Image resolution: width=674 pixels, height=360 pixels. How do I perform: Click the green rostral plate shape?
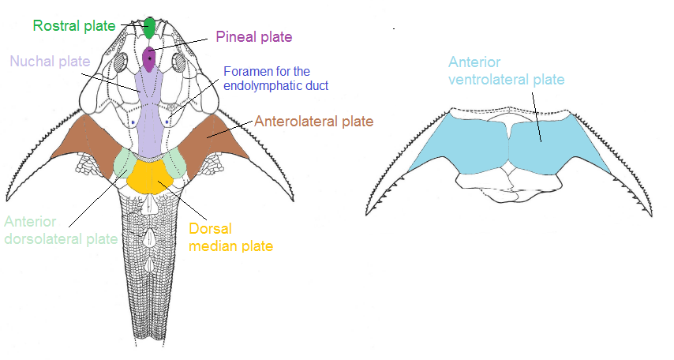[148, 27]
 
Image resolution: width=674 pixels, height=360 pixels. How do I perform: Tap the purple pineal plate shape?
[150, 59]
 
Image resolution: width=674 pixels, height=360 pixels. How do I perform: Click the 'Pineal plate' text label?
[254, 37]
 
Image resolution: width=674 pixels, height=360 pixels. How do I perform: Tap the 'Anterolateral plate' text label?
[313, 122]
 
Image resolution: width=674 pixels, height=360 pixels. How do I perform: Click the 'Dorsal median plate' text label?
[230, 238]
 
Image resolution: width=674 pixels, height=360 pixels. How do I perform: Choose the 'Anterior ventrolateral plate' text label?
[507, 70]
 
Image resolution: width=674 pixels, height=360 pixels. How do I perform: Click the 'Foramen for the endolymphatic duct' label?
[275, 77]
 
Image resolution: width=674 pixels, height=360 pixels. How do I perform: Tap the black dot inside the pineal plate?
[150, 58]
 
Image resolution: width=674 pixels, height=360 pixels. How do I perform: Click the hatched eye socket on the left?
[121, 62]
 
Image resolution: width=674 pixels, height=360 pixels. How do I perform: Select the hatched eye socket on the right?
[178, 62]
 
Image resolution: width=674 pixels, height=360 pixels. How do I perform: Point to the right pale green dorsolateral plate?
[175, 162]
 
